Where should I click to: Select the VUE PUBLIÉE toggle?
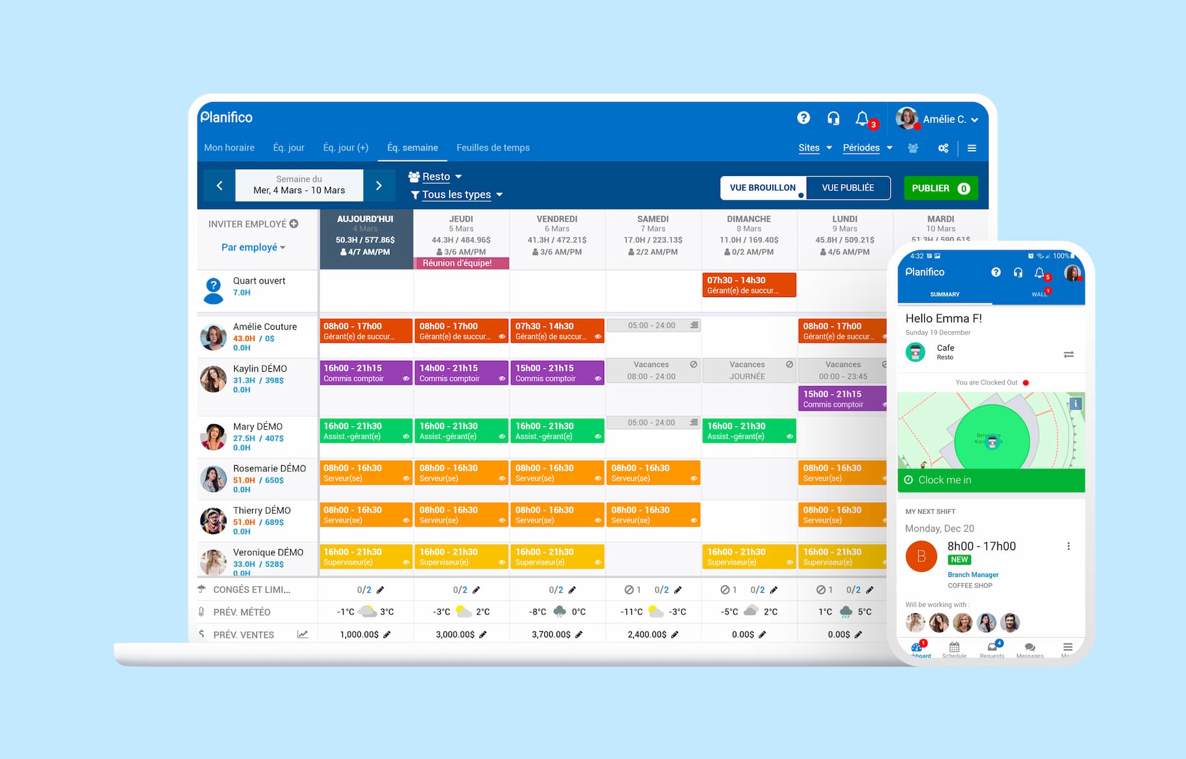[847, 188]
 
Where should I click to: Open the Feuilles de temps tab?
[492, 148]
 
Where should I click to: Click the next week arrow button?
[379, 185]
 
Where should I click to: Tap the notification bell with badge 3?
[862, 118]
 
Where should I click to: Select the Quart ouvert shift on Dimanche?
[749, 285]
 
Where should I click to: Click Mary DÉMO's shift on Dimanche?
[749, 430]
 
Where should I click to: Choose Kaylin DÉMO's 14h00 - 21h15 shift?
[461, 372]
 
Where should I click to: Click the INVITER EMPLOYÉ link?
[253, 224]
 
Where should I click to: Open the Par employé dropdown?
[253, 247]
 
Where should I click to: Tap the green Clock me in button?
[991, 480]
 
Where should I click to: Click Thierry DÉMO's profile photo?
[213, 521]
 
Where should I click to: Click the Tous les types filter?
[456, 195]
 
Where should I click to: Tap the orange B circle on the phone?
[921, 556]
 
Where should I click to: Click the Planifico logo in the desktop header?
[227, 117]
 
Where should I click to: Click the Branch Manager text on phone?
[973, 574]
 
